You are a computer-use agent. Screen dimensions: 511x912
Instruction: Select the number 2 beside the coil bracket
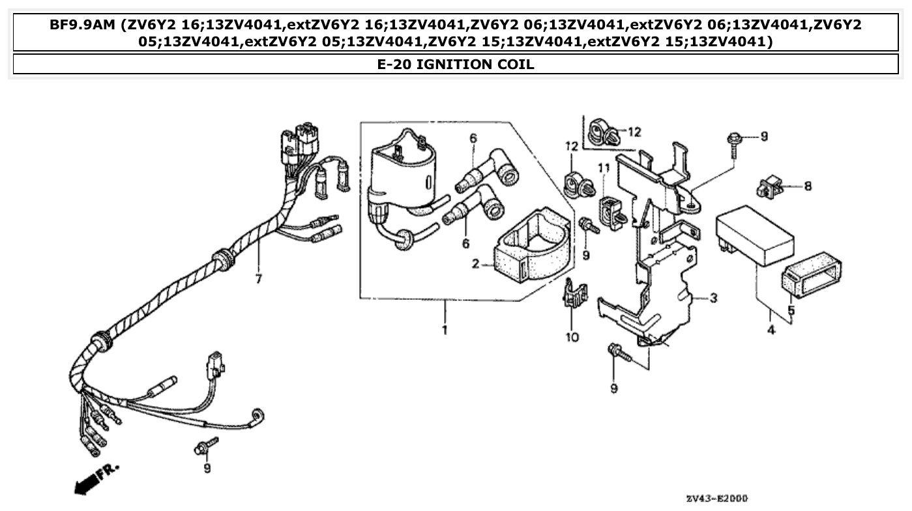475,264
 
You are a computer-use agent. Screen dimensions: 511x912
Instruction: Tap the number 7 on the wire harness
258,279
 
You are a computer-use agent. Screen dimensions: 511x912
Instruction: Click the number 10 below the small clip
572,337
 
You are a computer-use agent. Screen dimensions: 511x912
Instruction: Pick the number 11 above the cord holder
604,168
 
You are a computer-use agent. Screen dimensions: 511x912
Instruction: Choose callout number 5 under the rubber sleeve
791,310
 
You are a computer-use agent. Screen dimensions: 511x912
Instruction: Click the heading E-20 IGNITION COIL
456,64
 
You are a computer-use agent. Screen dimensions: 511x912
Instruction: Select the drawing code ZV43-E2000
716,499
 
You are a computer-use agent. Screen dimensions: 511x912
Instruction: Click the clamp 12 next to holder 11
576,184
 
